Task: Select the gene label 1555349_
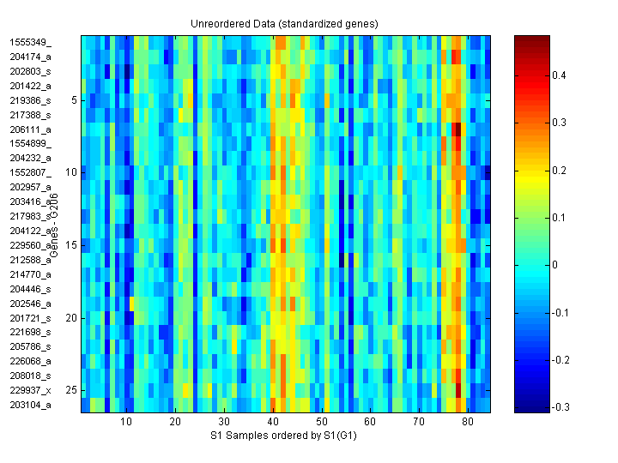(31, 42)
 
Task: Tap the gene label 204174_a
(31, 57)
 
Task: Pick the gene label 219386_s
(31, 100)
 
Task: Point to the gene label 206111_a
(31, 129)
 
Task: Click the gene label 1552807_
(31, 172)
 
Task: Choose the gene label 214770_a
(31, 274)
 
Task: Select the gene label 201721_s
(31, 318)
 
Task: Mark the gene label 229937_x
(31, 390)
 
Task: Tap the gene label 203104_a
(31, 405)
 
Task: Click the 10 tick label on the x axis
(125, 422)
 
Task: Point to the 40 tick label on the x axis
(272, 422)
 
